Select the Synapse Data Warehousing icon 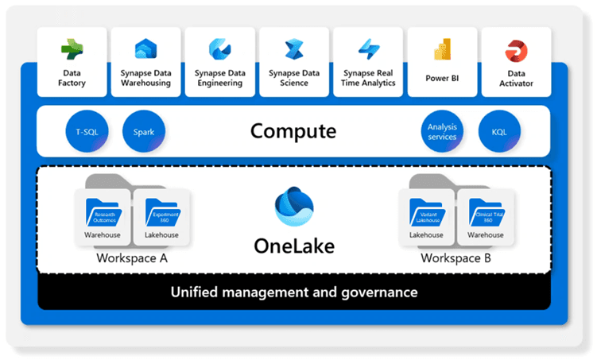pos(146,49)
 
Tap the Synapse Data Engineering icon pos(219,49)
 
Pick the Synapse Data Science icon pos(293,49)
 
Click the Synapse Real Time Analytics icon pos(368,49)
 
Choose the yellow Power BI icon pos(443,50)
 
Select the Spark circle pos(143,131)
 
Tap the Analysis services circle pos(441,131)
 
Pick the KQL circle pos(499,131)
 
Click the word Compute pos(293,130)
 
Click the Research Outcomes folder pos(102,209)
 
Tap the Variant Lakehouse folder pos(426,209)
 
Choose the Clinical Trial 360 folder pos(486,209)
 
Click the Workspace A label pos(131,258)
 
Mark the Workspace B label pos(456,258)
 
